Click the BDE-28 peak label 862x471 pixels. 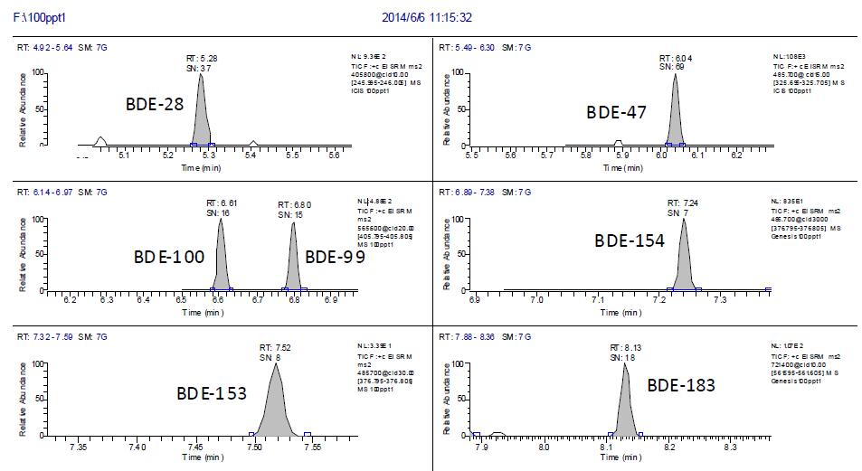pyautogui.click(x=155, y=104)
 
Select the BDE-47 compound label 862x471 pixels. pyautogui.click(x=616, y=113)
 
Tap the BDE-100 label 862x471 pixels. pyautogui.click(x=169, y=257)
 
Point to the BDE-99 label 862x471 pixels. pyautogui.click(x=335, y=257)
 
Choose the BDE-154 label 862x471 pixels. pyautogui.click(x=630, y=240)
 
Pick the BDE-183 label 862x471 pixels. pyautogui.click(x=681, y=385)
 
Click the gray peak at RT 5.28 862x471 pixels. pyautogui.click(x=201, y=118)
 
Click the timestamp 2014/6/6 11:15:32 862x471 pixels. pyautogui.click(x=429, y=17)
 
